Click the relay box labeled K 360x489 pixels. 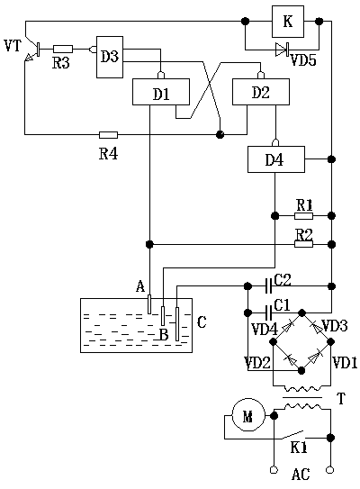click(x=288, y=22)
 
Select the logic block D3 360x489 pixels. click(x=110, y=57)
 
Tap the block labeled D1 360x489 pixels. click(x=161, y=92)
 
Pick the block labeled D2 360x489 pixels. click(x=261, y=92)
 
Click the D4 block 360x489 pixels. click(x=276, y=159)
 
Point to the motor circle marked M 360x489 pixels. click(x=248, y=415)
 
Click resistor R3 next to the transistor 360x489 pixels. click(x=63, y=49)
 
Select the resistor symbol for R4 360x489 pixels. click(x=109, y=135)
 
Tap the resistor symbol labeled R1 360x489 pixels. click(x=303, y=215)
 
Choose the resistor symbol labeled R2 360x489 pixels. click(x=303, y=244)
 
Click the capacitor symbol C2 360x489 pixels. click(x=269, y=286)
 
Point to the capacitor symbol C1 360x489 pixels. click(x=269, y=312)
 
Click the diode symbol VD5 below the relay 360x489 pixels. click(x=283, y=50)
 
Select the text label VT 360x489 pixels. click(x=13, y=46)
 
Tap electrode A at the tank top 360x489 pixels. click(x=149, y=304)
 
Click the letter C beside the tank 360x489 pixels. click(x=202, y=322)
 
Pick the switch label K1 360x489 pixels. click(x=299, y=448)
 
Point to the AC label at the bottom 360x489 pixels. click(x=301, y=475)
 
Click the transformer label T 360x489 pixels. click(x=341, y=399)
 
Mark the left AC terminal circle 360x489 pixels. click(x=274, y=469)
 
